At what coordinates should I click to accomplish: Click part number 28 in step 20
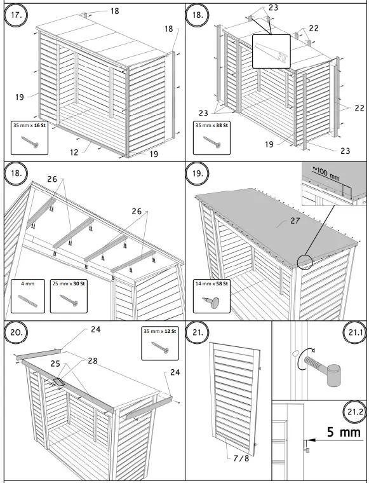93,361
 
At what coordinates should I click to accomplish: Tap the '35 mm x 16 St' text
30,126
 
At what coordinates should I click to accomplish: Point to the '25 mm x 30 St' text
71,283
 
